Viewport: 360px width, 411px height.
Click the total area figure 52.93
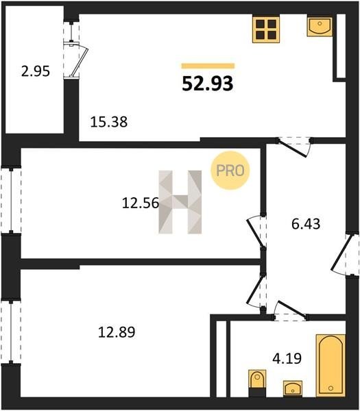pyautogui.click(x=208, y=84)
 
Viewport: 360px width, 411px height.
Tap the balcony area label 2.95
pyautogui.click(x=36, y=71)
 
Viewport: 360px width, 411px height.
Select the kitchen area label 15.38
pyautogui.click(x=108, y=122)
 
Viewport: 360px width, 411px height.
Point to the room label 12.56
pyautogui.click(x=141, y=203)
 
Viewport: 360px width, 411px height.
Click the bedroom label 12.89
pyautogui.click(x=117, y=332)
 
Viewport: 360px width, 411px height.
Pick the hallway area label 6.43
pyautogui.click(x=306, y=224)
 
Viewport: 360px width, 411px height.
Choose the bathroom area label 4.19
pyautogui.click(x=287, y=358)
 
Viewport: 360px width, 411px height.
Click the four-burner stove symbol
pyautogui.click(x=266, y=28)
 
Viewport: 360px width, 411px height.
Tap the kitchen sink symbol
pyautogui.click(x=320, y=26)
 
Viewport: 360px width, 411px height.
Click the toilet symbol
pyautogui.click(x=257, y=383)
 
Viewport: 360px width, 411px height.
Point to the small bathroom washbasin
pyautogui.click(x=293, y=388)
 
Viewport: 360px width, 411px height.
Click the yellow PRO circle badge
pyautogui.click(x=230, y=171)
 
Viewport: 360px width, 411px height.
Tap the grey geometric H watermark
pyautogui.click(x=180, y=202)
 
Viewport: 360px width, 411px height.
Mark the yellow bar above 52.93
pyautogui.click(x=208, y=66)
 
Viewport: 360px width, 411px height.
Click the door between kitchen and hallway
pyautogui.click(x=291, y=149)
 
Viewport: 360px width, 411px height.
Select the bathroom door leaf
pyautogui.click(x=291, y=309)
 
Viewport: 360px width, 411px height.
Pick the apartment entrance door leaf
pyautogui.click(x=341, y=253)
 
